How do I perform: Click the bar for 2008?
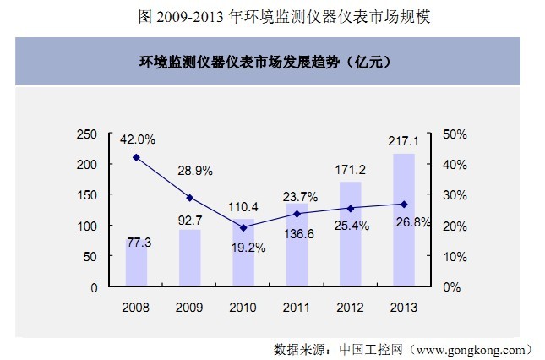pos(136,262)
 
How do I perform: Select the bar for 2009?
pos(190,258)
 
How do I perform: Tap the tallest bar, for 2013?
pos(404,220)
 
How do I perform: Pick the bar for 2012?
pos(351,233)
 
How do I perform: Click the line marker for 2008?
pos(136,157)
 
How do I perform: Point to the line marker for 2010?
pos(243,227)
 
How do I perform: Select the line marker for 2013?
pos(404,205)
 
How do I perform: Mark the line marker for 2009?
pos(190,198)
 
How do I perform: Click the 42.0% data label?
pos(138,139)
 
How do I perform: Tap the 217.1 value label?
pos(404,141)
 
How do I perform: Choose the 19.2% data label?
pos(248,248)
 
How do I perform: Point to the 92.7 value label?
pos(190,221)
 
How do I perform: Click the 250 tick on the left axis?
pos(87,134)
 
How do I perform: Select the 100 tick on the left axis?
pos(87,226)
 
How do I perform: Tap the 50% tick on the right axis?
pos(455,134)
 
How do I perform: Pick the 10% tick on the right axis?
pos(455,257)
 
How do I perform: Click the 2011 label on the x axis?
pos(297,308)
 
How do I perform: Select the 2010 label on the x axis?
pos(243,308)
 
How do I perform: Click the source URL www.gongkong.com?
pos(471,350)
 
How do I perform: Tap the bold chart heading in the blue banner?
pos(264,63)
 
